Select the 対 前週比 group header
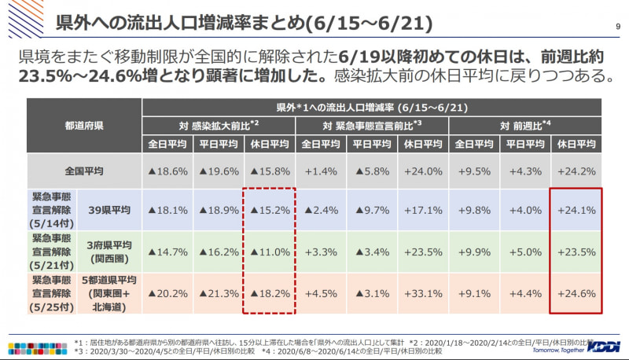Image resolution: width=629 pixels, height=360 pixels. (x=526, y=125)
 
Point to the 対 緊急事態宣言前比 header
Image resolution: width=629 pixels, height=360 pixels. (x=373, y=125)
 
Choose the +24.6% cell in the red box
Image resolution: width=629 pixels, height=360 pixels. (x=576, y=293)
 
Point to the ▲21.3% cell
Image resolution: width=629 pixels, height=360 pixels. (x=220, y=293)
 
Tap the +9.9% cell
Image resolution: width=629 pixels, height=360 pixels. (x=475, y=252)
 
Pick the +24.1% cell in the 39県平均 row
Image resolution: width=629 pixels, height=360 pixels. (x=576, y=210)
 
